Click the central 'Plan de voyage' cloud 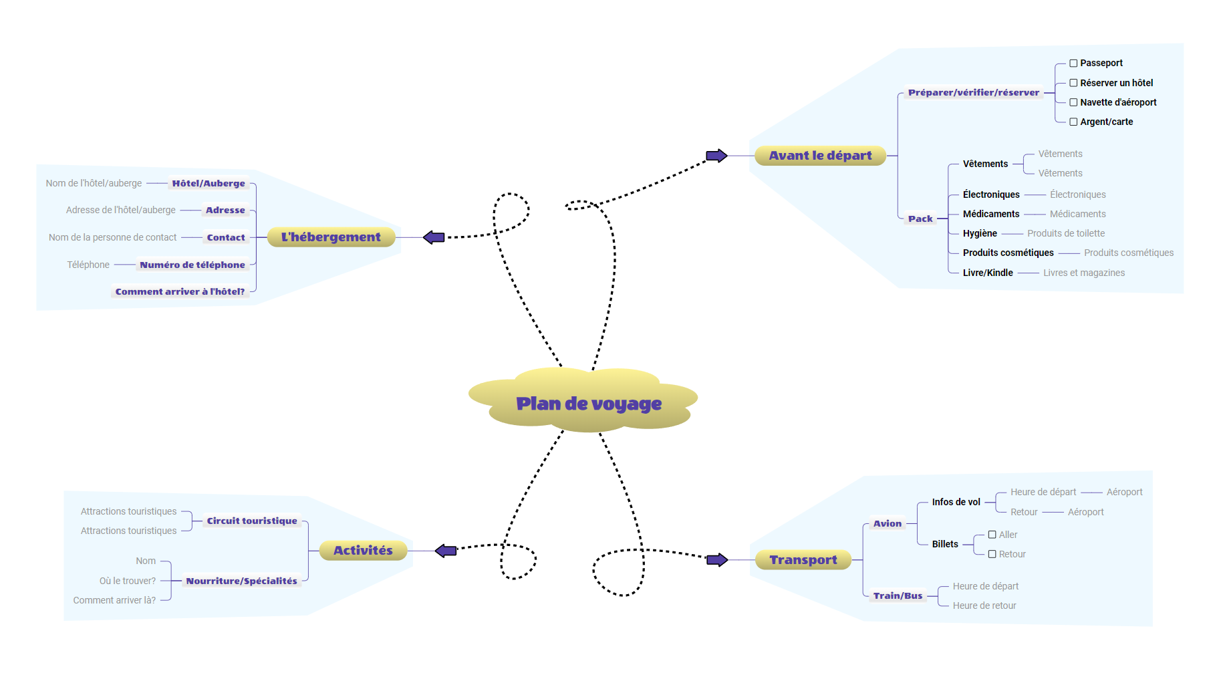[x=588, y=403]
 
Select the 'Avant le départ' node [x=820, y=156]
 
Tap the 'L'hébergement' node [x=331, y=237]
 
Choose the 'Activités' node [x=363, y=551]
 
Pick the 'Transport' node [x=803, y=560]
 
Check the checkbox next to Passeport [x=1073, y=63]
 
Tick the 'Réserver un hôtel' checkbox [x=1073, y=83]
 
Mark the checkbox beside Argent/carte [x=1073, y=122]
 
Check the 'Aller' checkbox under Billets [x=992, y=535]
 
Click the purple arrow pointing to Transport [x=717, y=560]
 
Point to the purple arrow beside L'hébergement [x=434, y=237]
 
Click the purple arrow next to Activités [x=446, y=551]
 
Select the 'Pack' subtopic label [x=920, y=219]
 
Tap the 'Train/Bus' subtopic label [x=898, y=595]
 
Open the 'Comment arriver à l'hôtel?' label [x=180, y=292]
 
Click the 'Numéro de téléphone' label [x=192, y=265]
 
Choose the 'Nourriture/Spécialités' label [x=241, y=581]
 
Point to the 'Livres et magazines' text [x=1083, y=273]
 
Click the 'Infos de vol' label [x=956, y=502]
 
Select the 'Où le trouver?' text [x=128, y=581]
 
